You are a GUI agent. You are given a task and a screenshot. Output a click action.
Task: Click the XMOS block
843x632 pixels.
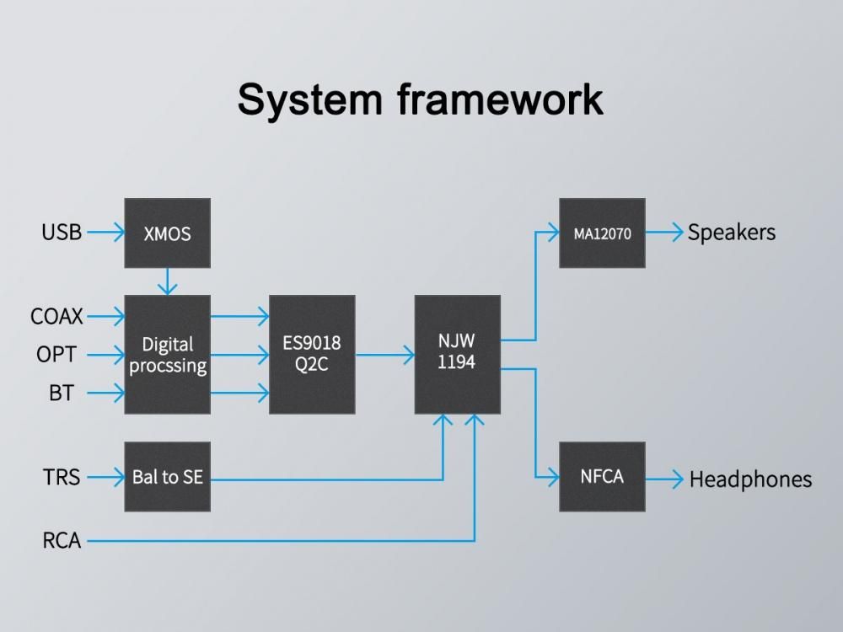pyautogui.click(x=167, y=233)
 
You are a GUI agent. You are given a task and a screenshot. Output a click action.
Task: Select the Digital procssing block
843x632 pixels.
pyautogui.click(x=167, y=354)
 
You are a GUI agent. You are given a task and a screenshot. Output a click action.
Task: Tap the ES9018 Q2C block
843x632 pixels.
pyautogui.click(x=312, y=354)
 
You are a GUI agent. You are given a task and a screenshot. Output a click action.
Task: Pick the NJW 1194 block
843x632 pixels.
pyautogui.click(x=457, y=354)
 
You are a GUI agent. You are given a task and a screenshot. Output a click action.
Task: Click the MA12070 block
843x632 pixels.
pyautogui.click(x=602, y=233)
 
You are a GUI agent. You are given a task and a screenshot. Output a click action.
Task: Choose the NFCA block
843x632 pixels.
pyautogui.click(x=602, y=477)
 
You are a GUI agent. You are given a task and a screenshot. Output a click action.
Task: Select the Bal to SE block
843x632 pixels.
pyautogui.click(x=167, y=477)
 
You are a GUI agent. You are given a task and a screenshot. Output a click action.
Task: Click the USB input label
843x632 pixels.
pyautogui.click(x=62, y=233)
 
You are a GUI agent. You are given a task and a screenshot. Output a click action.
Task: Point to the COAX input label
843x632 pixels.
pyautogui.click(x=57, y=316)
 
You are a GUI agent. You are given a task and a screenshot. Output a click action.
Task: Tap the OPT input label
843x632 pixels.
pyautogui.click(x=56, y=355)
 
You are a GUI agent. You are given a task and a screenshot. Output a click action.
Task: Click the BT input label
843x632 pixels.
pyautogui.click(x=62, y=394)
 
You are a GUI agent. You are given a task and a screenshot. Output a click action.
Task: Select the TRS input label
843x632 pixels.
pyautogui.click(x=62, y=477)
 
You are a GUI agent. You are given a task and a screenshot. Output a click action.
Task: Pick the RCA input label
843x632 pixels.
pyautogui.click(x=62, y=541)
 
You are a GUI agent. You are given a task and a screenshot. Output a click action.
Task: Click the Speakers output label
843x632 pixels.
pyautogui.click(x=732, y=233)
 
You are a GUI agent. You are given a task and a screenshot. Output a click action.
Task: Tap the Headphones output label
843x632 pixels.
pyautogui.click(x=750, y=479)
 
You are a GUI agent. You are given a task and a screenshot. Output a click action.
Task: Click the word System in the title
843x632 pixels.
pyautogui.click(x=309, y=100)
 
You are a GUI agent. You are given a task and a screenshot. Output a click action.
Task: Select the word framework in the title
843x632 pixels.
pyautogui.click(x=501, y=99)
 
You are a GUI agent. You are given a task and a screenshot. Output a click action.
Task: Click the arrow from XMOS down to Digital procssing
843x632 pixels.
pyautogui.click(x=167, y=281)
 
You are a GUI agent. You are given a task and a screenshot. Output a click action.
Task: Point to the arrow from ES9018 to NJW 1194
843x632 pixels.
pyautogui.click(x=385, y=355)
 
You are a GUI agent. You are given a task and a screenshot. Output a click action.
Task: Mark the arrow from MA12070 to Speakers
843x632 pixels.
pyautogui.click(x=664, y=233)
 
